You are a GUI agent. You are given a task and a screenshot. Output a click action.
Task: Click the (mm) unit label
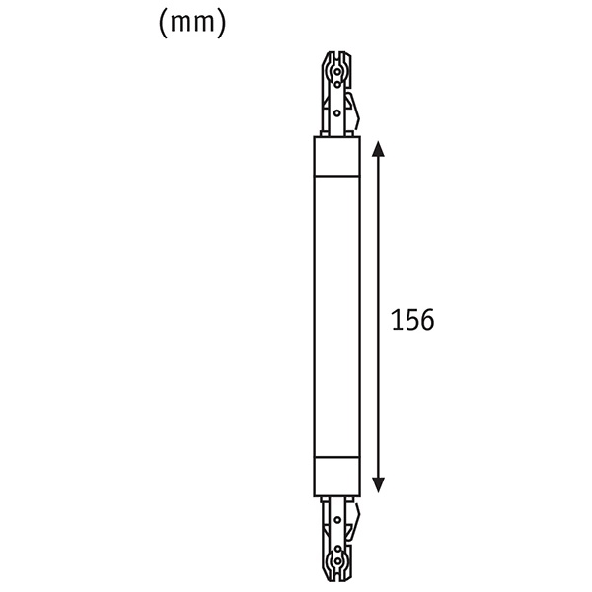(x=192, y=24)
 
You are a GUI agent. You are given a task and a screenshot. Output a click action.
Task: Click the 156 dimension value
(x=412, y=320)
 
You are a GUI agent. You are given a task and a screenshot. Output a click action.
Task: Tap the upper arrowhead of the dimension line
(x=378, y=149)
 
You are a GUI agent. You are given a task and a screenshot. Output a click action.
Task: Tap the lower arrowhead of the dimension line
(x=378, y=485)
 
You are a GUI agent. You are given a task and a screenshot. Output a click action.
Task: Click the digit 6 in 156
(x=427, y=320)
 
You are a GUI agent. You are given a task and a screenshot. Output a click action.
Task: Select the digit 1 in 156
(x=396, y=320)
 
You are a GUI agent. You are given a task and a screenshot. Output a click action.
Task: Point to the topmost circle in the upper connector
(x=337, y=71)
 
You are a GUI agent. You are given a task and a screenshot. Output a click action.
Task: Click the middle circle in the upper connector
(x=337, y=85)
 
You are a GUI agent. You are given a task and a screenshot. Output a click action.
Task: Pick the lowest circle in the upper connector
(x=337, y=112)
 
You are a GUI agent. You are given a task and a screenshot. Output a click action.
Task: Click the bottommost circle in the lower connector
(x=337, y=561)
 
